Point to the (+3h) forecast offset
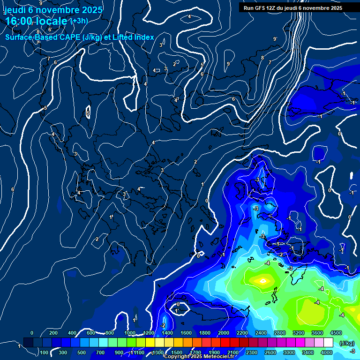click(x=79, y=21)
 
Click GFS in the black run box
click(x=261, y=8)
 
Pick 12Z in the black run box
click(x=274, y=8)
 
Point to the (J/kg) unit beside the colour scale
click(x=346, y=343)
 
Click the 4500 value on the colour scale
click(x=336, y=333)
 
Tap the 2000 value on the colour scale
click(x=224, y=333)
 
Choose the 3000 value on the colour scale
click(x=289, y=352)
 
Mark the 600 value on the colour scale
click(x=91, y=333)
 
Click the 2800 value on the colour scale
click(x=280, y=333)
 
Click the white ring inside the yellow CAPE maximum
click(x=263, y=281)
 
